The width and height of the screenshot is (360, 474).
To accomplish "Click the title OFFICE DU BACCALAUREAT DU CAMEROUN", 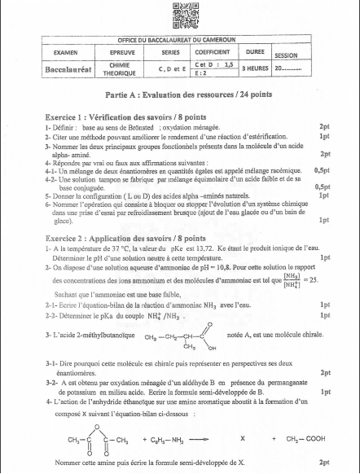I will pos(177,40).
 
